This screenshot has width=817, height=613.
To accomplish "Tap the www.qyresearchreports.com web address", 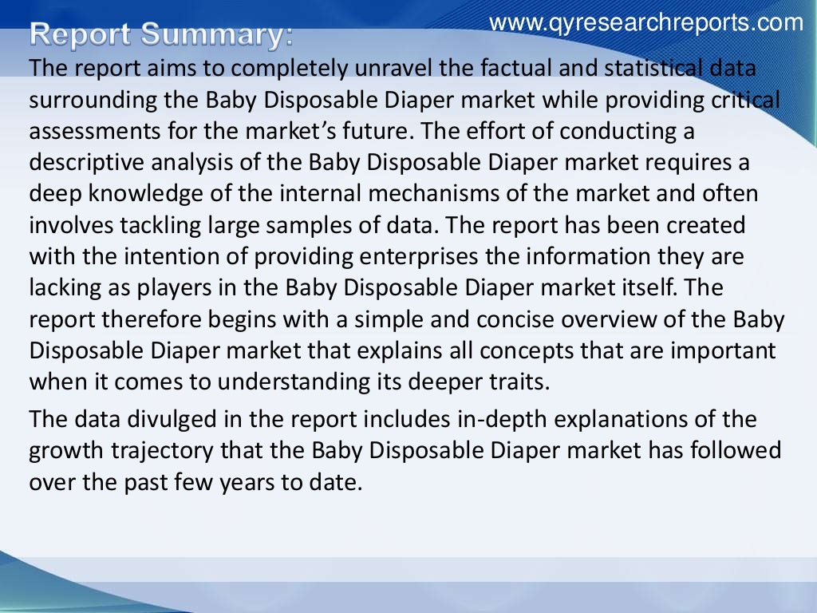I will click(x=646, y=22).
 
